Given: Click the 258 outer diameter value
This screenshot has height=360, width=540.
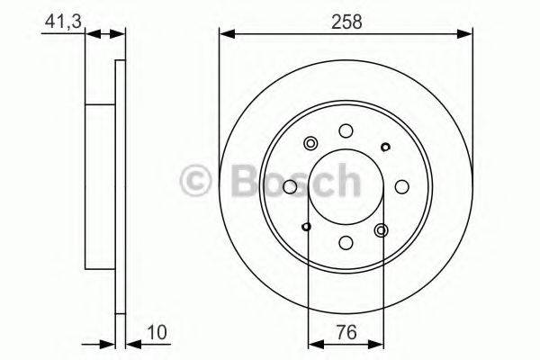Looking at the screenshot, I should pos(346,22).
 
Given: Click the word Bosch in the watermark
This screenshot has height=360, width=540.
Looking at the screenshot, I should pos(288,183).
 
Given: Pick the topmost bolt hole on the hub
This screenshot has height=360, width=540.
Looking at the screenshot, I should pos(346,131).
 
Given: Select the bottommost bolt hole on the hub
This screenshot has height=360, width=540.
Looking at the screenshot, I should pos(346,242).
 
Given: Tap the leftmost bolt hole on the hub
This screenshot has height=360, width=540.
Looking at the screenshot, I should pos(290,187).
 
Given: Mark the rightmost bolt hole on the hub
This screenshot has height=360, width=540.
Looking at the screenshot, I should pos(401,187).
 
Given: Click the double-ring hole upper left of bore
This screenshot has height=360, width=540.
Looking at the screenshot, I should pos(311,144).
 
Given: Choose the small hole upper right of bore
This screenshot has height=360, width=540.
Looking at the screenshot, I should pos(385,147).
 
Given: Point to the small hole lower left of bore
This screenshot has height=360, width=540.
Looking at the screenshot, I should pos(307,227).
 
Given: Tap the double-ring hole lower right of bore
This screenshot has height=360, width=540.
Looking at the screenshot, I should pos(381,230).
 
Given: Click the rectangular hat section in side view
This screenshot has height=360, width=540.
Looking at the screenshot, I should pos(101,187).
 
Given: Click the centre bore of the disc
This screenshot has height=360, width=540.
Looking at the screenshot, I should pos(346,187).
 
